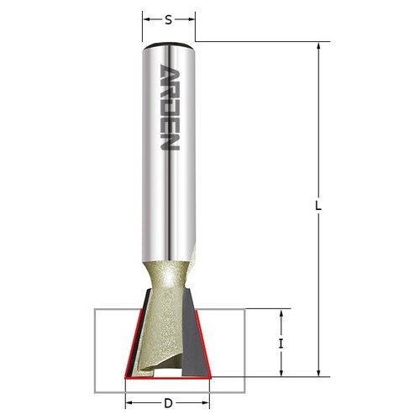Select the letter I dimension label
click(282, 343)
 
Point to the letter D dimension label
click(168, 403)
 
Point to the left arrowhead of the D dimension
click(129, 403)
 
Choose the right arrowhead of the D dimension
click(207, 403)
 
